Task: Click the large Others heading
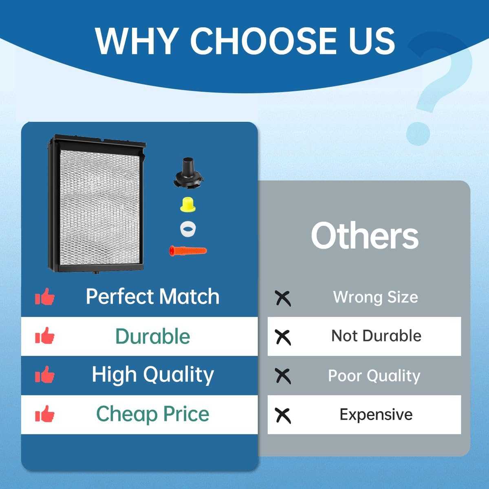365,236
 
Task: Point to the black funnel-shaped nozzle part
189,173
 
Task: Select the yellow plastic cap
188,205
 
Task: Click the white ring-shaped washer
188,229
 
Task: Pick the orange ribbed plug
188,251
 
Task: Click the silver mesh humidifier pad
100,207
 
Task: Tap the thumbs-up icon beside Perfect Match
45,296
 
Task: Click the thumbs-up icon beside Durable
45,335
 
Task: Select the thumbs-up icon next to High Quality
45,374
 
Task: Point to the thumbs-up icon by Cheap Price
45,414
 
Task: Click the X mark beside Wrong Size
283,299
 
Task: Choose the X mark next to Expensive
283,416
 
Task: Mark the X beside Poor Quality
283,377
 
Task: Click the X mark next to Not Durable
283,338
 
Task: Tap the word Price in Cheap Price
186,414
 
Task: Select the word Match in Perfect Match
189,296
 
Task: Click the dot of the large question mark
418,134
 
